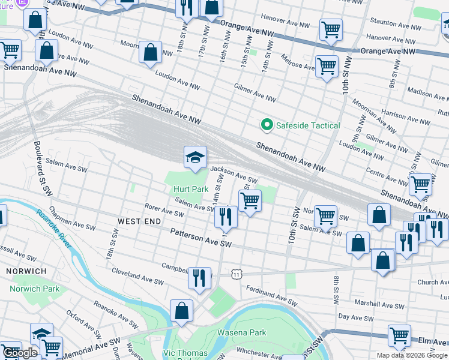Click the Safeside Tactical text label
(307, 125)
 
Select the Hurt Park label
(191, 189)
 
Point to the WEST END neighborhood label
(139, 221)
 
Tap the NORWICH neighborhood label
(26, 271)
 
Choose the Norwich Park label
(35, 289)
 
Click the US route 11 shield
(238, 274)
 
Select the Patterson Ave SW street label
(200, 237)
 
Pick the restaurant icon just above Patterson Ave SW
(226, 217)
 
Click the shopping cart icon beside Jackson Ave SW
(250, 200)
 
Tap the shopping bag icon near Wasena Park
(181, 311)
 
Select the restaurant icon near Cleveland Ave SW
(199, 277)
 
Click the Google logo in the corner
(20, 353)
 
